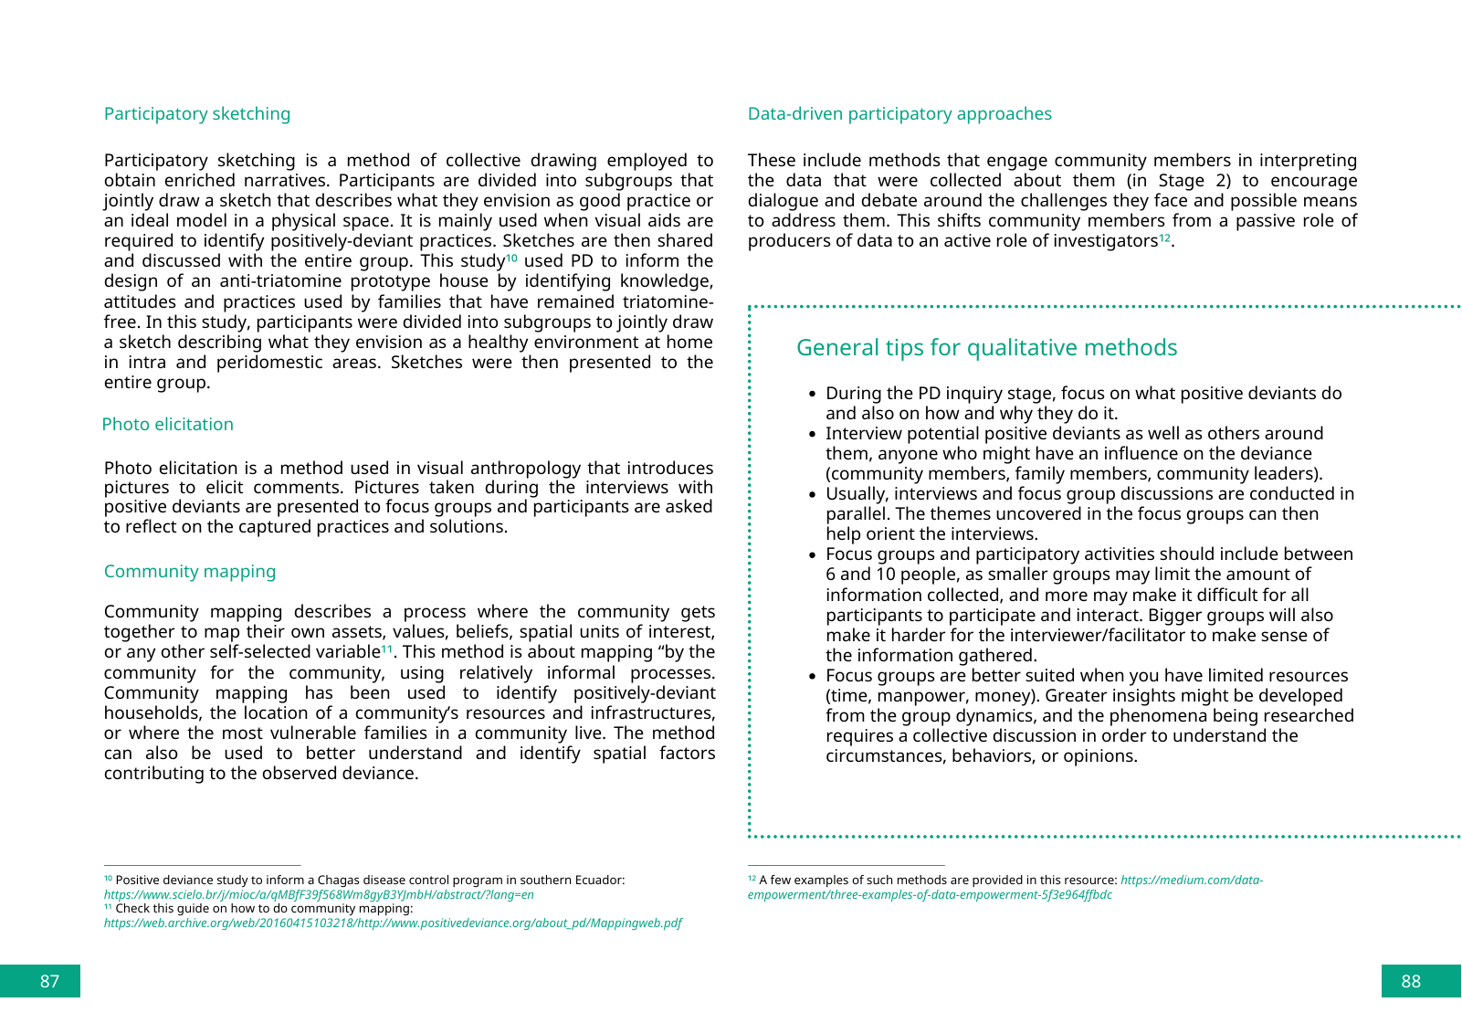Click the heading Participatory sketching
(x=197, y=114)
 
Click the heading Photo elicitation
(x=168, y=425)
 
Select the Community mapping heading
(x=190, y=572)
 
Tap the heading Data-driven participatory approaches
(x=899, y=114)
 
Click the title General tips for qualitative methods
(x=986, y=348)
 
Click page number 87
(x=49, y=981)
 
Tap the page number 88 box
(x=1411, y=981)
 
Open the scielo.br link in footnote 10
(x=319, y=895)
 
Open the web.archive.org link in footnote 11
(x=393, y=923)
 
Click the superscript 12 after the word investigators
(x=1164, y=238)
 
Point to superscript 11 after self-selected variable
(x=386, y=649)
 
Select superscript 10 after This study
(x=511, y=258)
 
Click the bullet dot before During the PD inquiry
(x=812, y=395)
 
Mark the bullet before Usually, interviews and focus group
(x=812, y=495)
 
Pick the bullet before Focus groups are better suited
(x=812, y=677)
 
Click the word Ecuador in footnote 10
(x=597, y=881)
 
